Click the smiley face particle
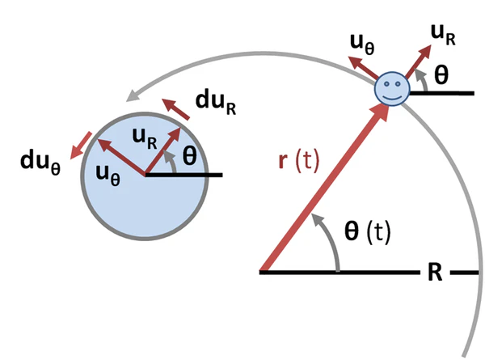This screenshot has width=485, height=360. pyautogui.click(x=392, y=88)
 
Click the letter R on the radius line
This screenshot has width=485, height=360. pyautogui.click(x=434, y=273)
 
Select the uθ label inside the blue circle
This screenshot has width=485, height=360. pyautogui.click(x=106, y=172)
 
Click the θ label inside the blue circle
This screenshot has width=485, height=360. pyautogui.click(x=189, y=157)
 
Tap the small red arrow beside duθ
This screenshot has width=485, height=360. pyautogui.click(x=78, y=146)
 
